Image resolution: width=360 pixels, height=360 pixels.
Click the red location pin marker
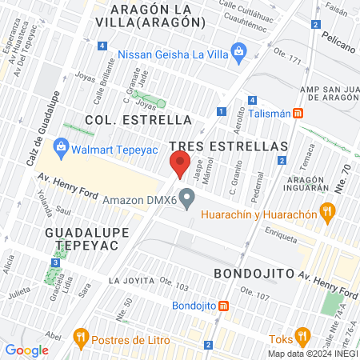[x=179, y=165]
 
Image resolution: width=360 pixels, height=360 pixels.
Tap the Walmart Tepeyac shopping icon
[x=60, y=147]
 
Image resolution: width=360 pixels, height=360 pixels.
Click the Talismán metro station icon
[x=298, y=114]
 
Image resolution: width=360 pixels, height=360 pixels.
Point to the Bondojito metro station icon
[x=224, y=306]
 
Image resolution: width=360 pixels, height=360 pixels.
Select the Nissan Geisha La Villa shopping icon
[x=238, y=54]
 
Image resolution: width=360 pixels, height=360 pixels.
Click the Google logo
[x=26, y=350]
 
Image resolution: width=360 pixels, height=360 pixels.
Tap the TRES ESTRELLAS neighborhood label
[x=229, y=147]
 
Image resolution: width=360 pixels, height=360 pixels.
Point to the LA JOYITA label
[x=129, y=281]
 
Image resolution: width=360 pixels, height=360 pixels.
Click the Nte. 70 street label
[x=346, y=177]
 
